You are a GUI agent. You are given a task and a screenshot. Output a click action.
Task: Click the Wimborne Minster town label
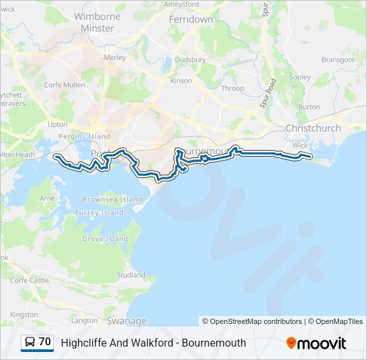click(x=97, y=22)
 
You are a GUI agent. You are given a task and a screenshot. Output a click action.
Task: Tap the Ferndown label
click(x=191, y=19)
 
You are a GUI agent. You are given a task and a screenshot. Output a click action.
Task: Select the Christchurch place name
click(x=313, y=128)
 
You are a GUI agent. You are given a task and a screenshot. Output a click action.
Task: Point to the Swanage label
click(x=126, y=321)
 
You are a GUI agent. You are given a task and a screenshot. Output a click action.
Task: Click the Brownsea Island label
click(x=112, y=199)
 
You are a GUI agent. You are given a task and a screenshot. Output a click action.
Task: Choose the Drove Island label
click(x=105, y=239)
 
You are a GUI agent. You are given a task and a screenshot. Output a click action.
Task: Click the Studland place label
click(x=131, y=275)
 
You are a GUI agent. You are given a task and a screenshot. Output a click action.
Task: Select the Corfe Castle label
click(x=29, y=280)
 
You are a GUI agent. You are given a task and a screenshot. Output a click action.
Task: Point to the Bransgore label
click(x=338, y=59)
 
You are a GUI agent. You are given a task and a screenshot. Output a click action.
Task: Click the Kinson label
click(x=181, y=81)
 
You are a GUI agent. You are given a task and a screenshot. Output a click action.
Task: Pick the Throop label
click(x=233, y=88)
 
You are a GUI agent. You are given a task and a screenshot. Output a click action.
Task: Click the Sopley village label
click(x=300, y=77)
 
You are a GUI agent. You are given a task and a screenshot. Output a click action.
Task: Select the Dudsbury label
click(x=190, y=59)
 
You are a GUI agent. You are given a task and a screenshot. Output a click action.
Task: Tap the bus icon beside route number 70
click(x=30, y=343)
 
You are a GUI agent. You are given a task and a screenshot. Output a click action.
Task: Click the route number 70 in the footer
click(x=45, y=342)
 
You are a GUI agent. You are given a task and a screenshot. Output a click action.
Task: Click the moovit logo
click(x=316, y=343)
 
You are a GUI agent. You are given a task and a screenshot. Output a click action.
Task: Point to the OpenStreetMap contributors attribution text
click(x=252, y=321)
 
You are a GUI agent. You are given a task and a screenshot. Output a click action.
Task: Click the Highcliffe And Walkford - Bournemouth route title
click(x=153, y=343)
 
